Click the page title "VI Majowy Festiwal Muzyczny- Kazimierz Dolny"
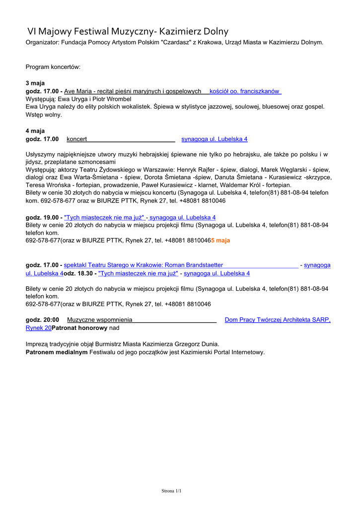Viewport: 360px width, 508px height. click(128, 32)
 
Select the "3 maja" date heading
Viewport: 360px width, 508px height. click(35, 83)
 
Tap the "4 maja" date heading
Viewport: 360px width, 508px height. click(35, 131)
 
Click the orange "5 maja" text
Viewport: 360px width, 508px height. click(220, 241)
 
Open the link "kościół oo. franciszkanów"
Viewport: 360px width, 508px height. click(244, 91)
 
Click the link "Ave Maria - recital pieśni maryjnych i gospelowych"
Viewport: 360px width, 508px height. click(133, 91)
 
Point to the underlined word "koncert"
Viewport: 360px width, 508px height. click(77, 139)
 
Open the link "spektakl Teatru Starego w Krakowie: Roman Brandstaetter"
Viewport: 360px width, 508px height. click(144, 265)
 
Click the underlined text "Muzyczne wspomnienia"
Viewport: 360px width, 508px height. click(100, 320)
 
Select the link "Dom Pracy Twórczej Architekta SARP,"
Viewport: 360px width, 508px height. click(278, 320)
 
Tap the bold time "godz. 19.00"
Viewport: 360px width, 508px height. click(43, 218)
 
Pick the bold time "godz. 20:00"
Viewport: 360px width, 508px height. click(42, 320)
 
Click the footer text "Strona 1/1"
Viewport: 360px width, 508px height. click(172, 491)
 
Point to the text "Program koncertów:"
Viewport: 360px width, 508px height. click(53, 66)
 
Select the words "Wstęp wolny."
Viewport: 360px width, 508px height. click(44, 115)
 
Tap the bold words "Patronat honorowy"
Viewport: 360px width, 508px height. click(80, 328)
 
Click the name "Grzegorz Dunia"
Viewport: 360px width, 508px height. click(196, 344)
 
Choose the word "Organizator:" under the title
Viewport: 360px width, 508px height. click(42, 43)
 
